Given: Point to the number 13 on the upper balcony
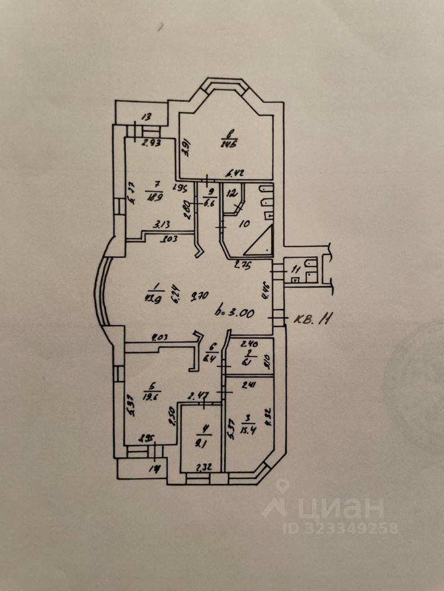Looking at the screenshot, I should click(x=147, y=116).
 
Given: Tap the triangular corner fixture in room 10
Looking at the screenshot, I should click(x=259, y=244).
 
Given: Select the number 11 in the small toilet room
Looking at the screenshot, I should click(x=295, y=268).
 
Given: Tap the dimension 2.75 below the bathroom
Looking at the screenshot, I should click(x=242, y=266).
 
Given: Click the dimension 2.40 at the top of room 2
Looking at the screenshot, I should click(x=248, y=344).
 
